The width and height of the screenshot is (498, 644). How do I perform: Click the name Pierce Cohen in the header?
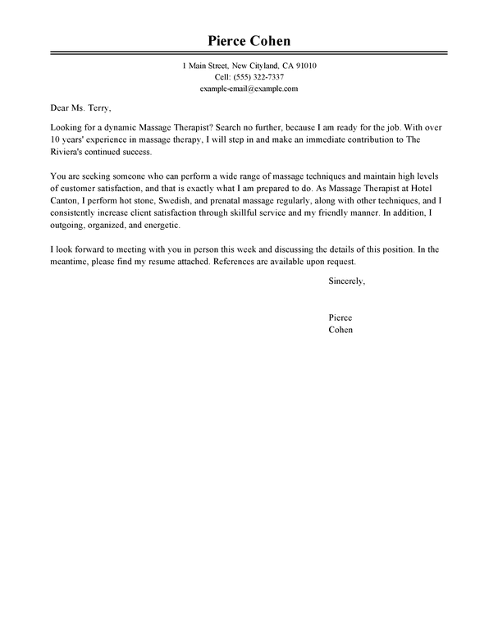tap(249, 41)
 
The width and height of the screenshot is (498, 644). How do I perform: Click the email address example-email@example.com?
tap(249, 88)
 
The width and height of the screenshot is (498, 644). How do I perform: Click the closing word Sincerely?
tap(345, 281)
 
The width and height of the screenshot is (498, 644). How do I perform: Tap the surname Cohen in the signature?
tap(340, 331)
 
